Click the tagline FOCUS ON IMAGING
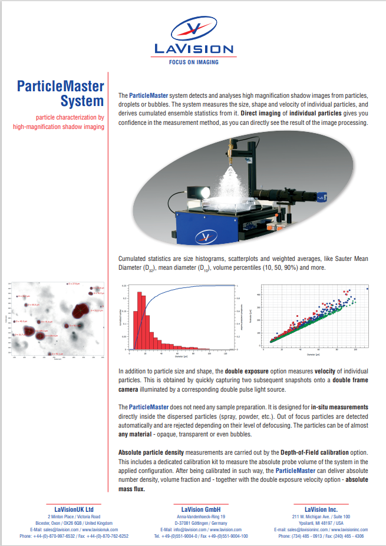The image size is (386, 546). (193, 62)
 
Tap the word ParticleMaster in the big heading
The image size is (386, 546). (61, 87)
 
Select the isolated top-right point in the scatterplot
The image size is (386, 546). (368, 289)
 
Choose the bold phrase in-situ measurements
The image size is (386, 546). (340, 407)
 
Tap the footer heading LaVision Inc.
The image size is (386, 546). (321, 508)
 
